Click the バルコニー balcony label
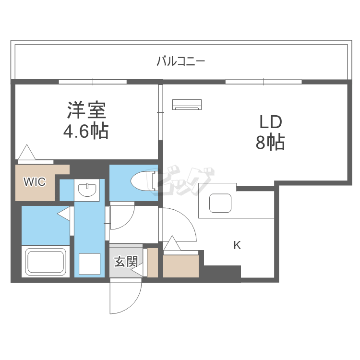181,61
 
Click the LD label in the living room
270,122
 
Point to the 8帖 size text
270,143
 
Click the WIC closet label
35,182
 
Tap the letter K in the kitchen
237,245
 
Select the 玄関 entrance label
126,262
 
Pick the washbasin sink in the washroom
87,190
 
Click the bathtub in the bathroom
46,262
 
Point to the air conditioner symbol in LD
187,104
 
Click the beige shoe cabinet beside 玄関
153,263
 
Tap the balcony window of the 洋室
93,82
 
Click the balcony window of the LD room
264,82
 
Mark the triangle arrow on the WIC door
27,152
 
